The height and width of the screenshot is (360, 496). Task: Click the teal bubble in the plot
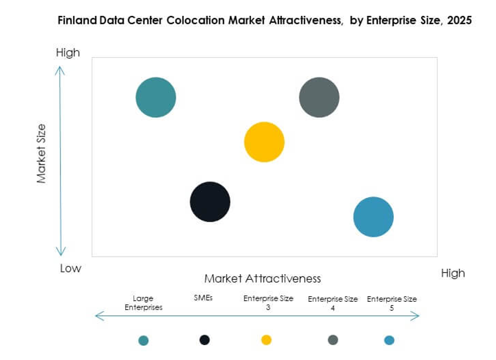click(x=156, y=97)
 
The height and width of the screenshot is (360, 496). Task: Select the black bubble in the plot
click(x=210, y=202)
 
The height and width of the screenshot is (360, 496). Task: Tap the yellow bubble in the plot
click(x=264, y=142)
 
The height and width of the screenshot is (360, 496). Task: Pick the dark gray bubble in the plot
click(x=319, y=97)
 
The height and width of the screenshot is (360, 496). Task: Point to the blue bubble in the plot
click(x=374, y=217)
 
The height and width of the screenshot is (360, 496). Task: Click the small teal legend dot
click(x=143, y=340)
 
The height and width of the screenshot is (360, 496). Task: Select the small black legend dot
click(x=204, y=340)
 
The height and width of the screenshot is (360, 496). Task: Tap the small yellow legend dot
click(x=266, y=340)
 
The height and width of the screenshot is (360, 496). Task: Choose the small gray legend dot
click(x=333, y=340)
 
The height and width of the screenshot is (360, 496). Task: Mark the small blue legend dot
click(x=389, y=340)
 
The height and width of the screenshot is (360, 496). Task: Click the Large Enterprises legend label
click(x=143, y=303)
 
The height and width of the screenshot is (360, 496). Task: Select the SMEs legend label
click(x=203, y=298)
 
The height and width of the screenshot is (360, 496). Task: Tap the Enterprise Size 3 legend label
click(x=269, y=303)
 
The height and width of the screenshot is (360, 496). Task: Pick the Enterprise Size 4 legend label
click(x=333, y=303)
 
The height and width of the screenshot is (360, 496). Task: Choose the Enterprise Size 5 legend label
click(x=392, y=303)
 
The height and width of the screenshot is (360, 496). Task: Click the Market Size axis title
click(x=41, y=153)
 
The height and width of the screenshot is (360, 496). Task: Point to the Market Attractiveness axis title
click(x=263, y=278)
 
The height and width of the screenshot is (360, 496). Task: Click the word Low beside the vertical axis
click(x=70, y=268)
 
